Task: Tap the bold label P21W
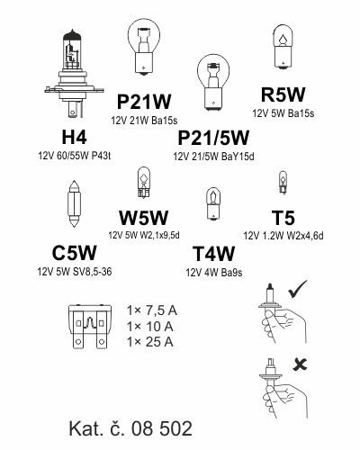(x=144, y=102)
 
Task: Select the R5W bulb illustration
(x=283, y=47)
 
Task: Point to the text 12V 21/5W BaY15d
(x=213, y=157)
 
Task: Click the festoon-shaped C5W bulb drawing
(x=74, y=203)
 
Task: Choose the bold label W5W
(x=144, y=218)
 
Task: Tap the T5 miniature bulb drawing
(x=283, y=183)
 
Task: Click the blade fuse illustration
(x=90, y=327)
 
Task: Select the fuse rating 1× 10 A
(x=150, y=327)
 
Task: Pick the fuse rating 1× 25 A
(x=150, y=342)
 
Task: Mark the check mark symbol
(x=298, y=289)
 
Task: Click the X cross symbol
(x=301, y=364)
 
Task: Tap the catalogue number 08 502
(x=162, y=428)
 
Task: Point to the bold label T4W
(x=213, y=254)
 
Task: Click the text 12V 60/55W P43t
(x=75, y=156)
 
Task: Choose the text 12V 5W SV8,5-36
(x=75, y=272)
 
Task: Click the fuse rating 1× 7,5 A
(x=152, y=310)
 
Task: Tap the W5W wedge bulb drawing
(x=144, y=183)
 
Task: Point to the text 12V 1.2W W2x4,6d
(x=283, y=236)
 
